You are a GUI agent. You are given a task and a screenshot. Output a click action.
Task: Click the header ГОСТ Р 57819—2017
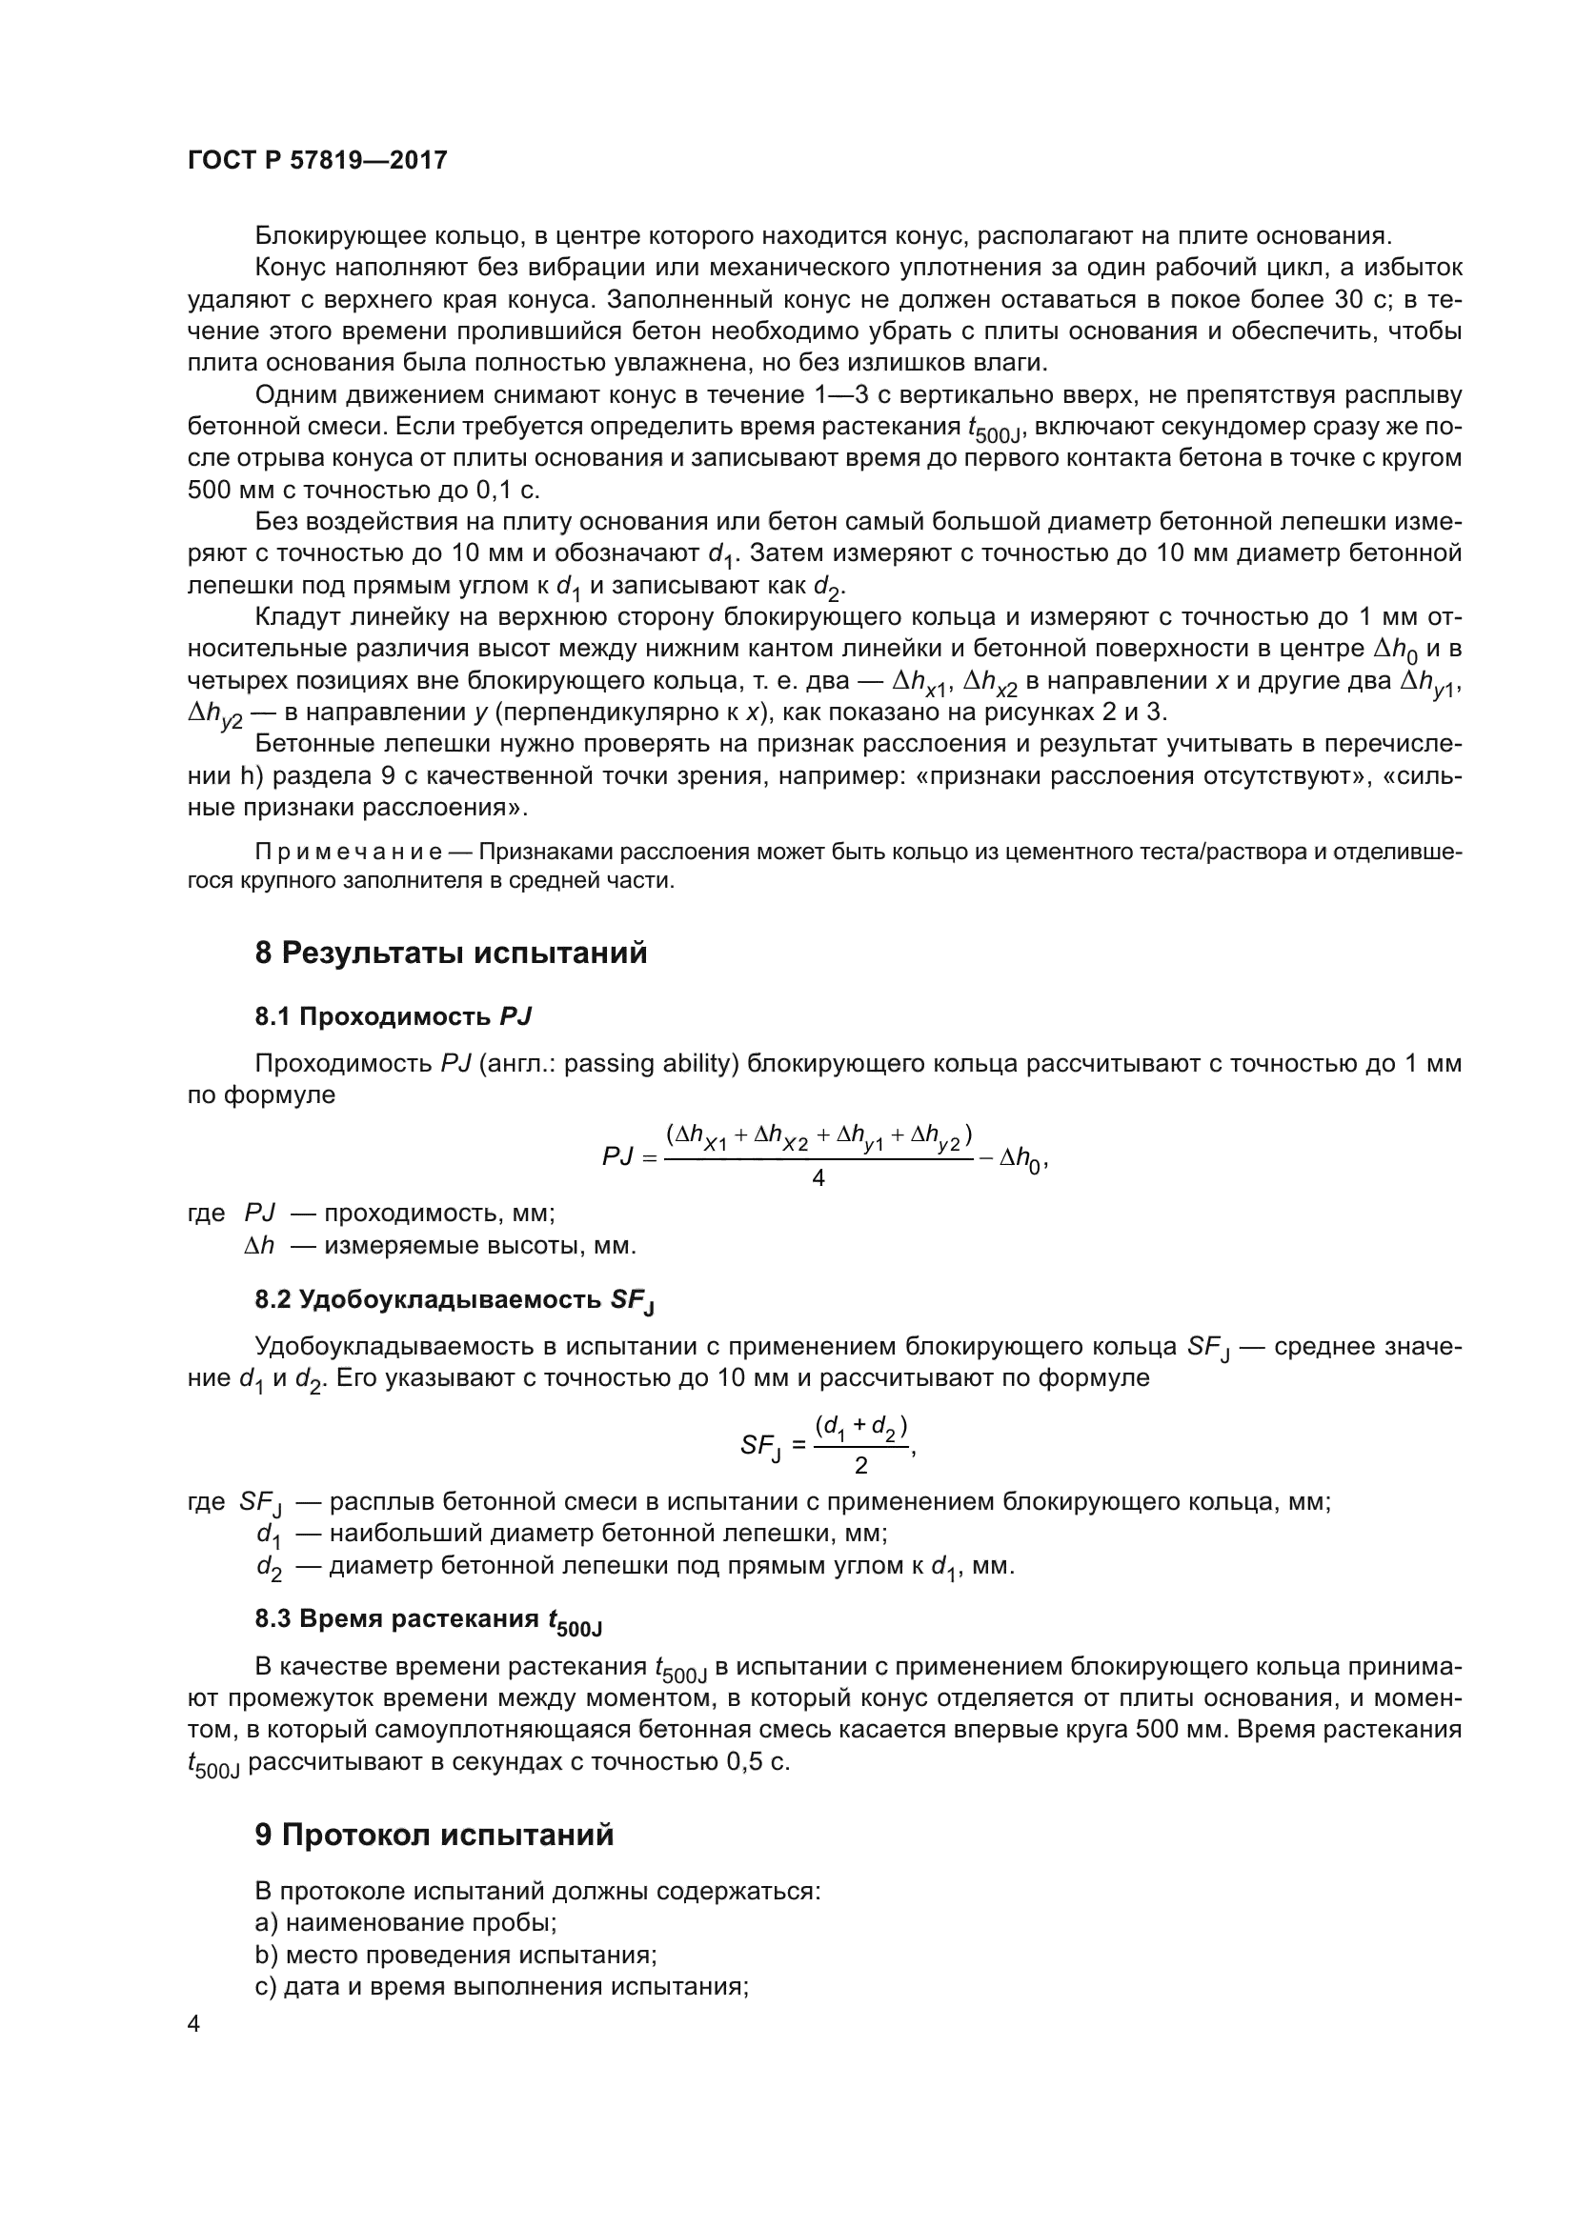317,161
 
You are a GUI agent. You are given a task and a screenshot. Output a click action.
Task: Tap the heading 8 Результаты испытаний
451,953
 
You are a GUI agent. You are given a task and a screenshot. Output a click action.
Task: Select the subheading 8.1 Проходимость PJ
393,1017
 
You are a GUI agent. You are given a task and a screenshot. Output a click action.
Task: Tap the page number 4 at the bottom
194,2024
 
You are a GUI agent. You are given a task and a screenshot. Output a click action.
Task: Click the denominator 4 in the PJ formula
818,1178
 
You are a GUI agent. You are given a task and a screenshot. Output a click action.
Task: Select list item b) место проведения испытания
456,1956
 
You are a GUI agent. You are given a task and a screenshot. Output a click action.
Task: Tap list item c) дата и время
501,1987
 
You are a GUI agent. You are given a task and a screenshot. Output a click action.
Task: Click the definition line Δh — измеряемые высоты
441,1245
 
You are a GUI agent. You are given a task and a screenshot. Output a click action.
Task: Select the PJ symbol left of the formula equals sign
617,1156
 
